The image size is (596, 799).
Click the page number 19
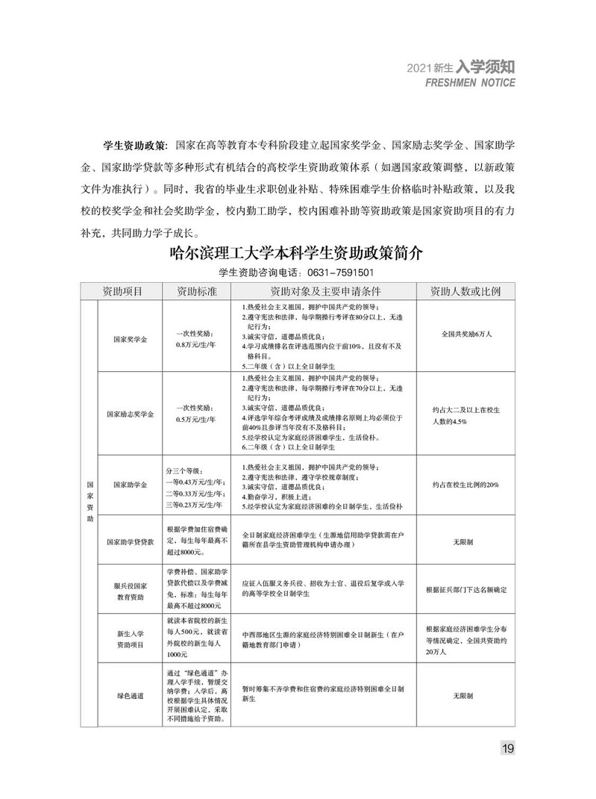(x=507, y=748)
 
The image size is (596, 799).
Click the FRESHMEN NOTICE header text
(x=470, y=83)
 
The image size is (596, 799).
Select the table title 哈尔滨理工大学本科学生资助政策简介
(x=297, y=254)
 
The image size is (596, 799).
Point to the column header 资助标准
(x=195, y=291)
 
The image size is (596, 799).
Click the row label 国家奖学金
(x=130, y=338)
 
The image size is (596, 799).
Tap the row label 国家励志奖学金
(x=130, y=414)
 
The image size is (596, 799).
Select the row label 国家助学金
(x=130, y=485)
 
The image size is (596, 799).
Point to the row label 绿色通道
(x=130, y=694)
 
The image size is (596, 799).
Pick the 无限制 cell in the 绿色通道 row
(x=462, y=694)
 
